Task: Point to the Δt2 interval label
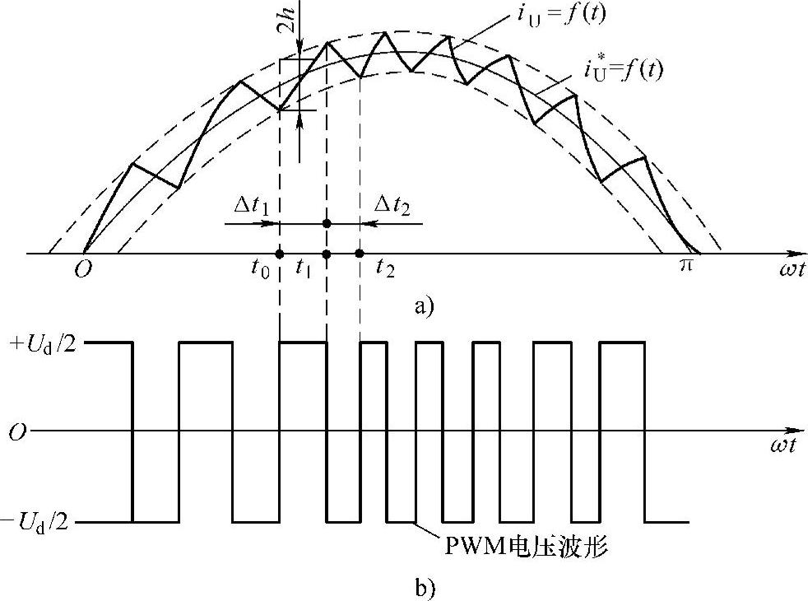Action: pyautogui.click(x=392, y=203)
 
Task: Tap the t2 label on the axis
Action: pyautogui.click(x=384, y=268)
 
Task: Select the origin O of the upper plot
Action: pyautogui.click(x=83, y=269)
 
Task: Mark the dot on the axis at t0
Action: pyautogui.click(x=280, y=254)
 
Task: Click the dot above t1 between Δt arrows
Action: pyautogui.click(x=327, y=223)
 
